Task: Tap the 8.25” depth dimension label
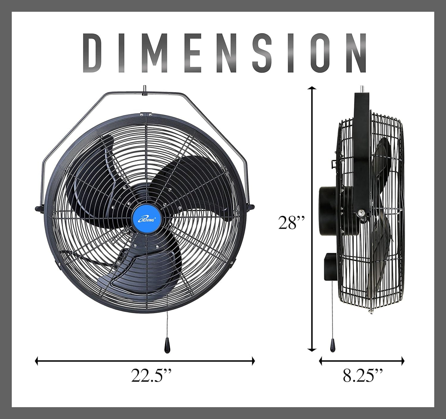point(363,375)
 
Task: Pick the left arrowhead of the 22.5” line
point(37,361)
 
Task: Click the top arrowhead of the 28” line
point(312,89)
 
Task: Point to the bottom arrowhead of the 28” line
point(312,350)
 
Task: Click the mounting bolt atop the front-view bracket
point(144,90)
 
